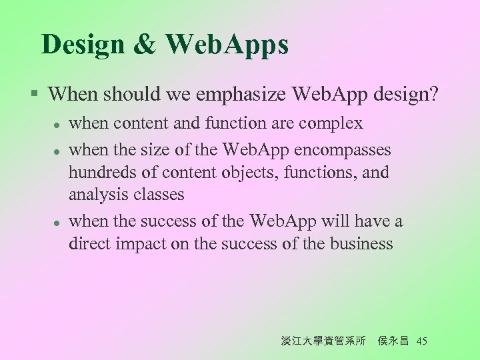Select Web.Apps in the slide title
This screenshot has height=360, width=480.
pyautogui.click(x=227, y=45)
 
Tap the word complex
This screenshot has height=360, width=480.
pyautogui.click(x=331, y=123)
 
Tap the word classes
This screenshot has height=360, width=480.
pyautogui.click(x=161, y=195)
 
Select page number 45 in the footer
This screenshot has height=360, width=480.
pyautogui.click(x=421, y=341)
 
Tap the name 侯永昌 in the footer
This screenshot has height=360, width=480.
pyautogui.click(x=393, y=341)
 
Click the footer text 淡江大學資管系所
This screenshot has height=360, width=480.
pyautogui.click(x=323, y=341)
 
